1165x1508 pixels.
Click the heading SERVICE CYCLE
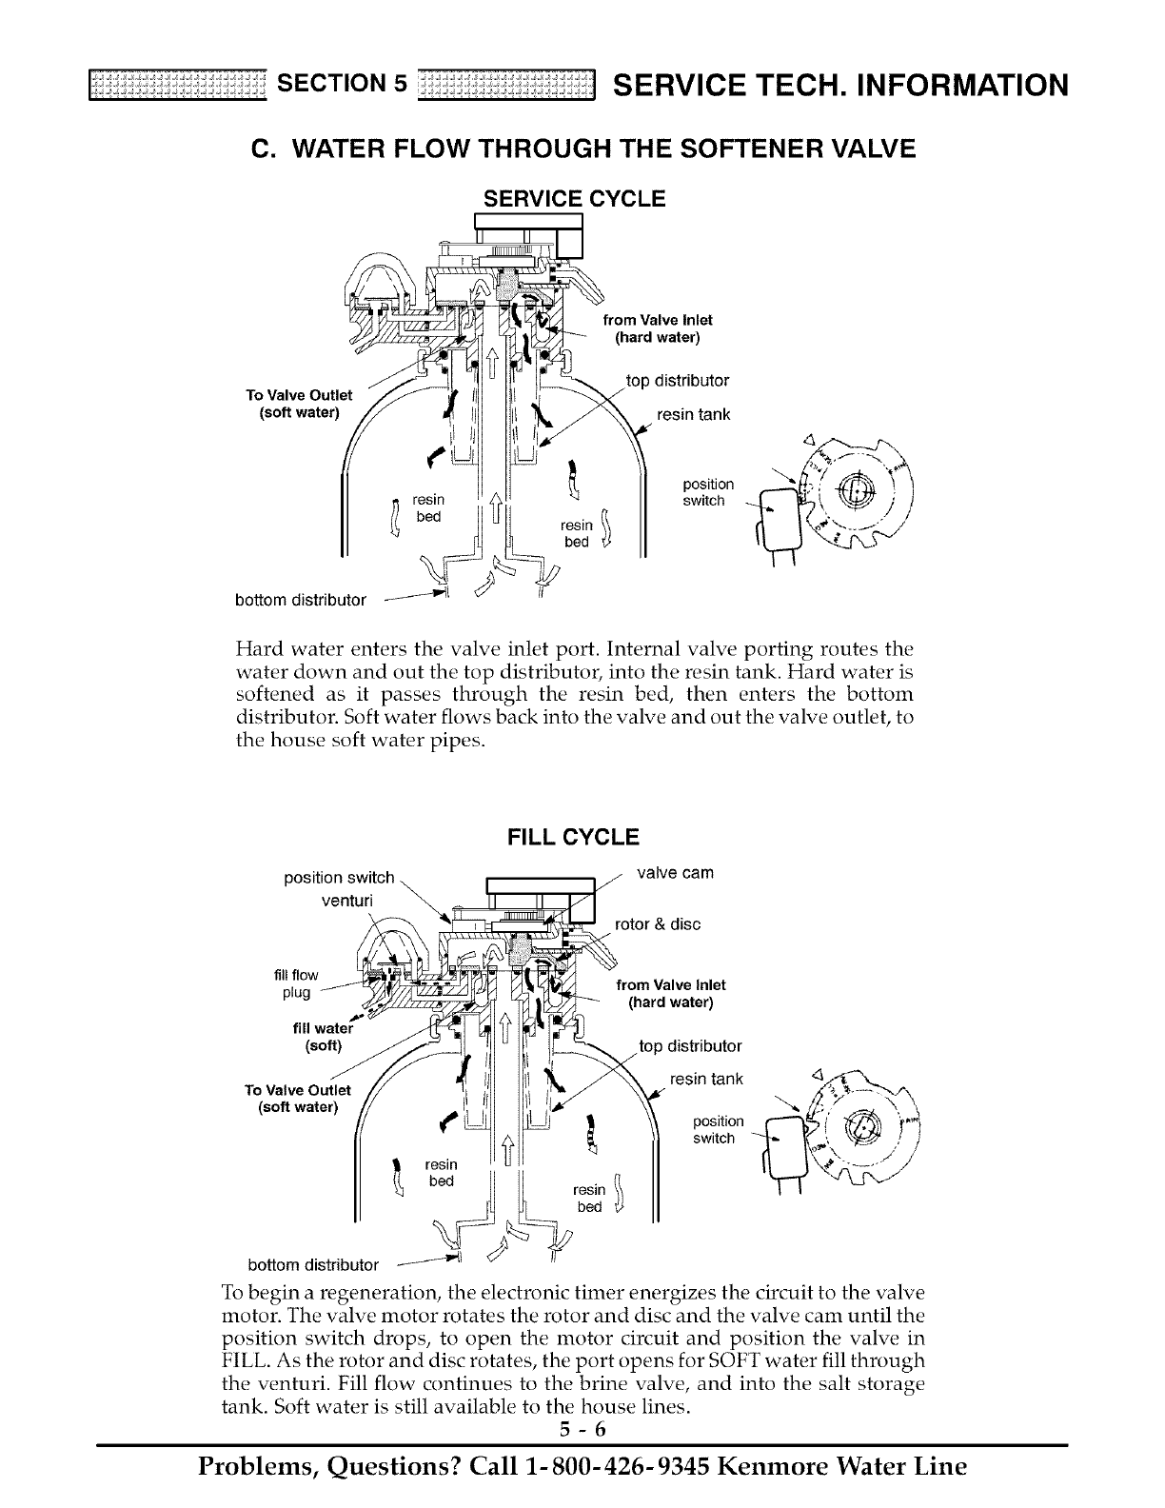(x=574, y=199)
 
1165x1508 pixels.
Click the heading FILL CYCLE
(x=574, y=838)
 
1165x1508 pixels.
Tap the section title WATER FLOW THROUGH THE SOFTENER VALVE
(x=582, y=149)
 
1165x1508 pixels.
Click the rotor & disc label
(x=658, y=923)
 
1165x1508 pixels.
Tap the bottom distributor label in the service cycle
(x=301, y=600)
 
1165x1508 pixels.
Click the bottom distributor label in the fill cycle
(x=313, y=1265)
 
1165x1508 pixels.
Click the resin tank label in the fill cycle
(x=706, y=1080)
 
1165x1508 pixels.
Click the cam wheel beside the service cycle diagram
(x=855, y=499)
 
